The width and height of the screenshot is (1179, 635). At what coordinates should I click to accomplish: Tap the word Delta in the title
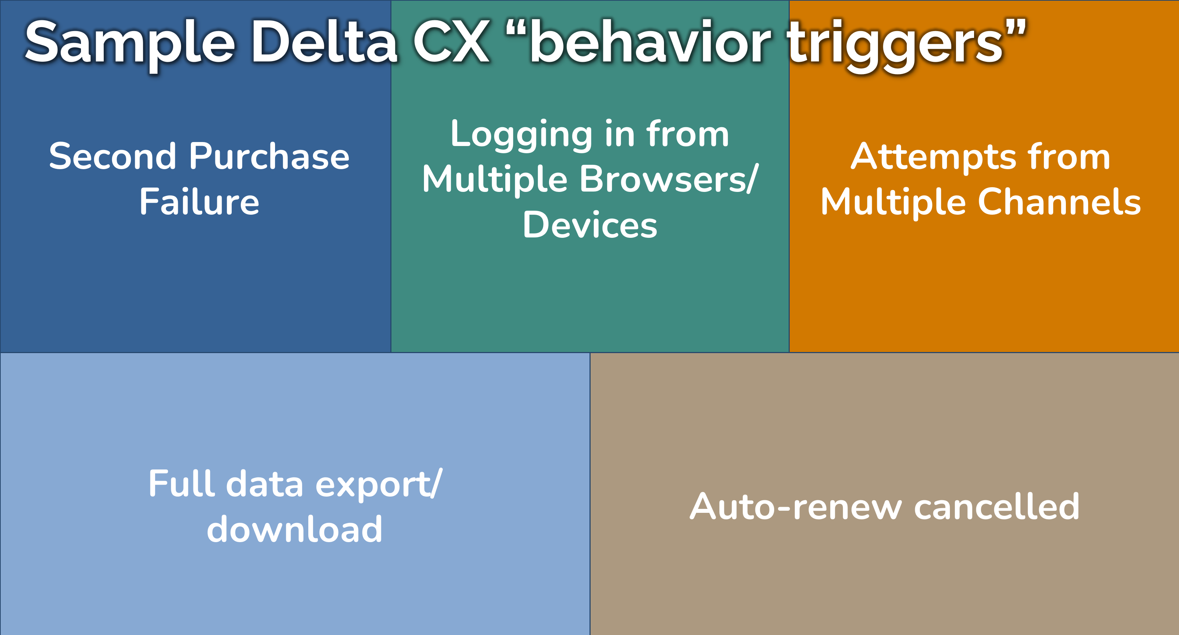point(325,41)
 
